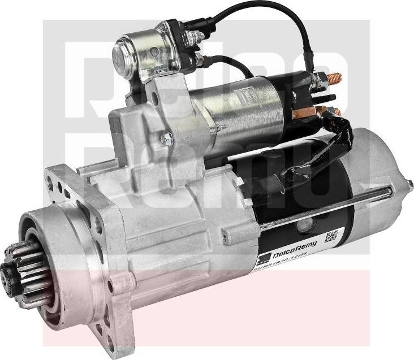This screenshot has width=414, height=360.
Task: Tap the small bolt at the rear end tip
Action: [409, 184]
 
